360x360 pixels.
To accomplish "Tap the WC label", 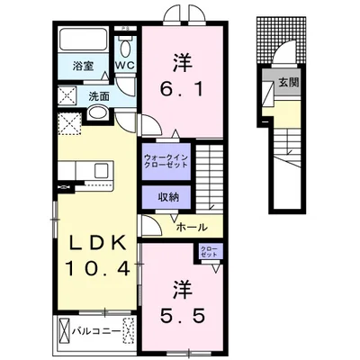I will (124, 65).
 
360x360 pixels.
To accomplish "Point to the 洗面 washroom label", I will (98, 95).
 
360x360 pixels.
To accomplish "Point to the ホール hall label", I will (193, 228).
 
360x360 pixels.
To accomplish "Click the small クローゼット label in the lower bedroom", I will (208, 252).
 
